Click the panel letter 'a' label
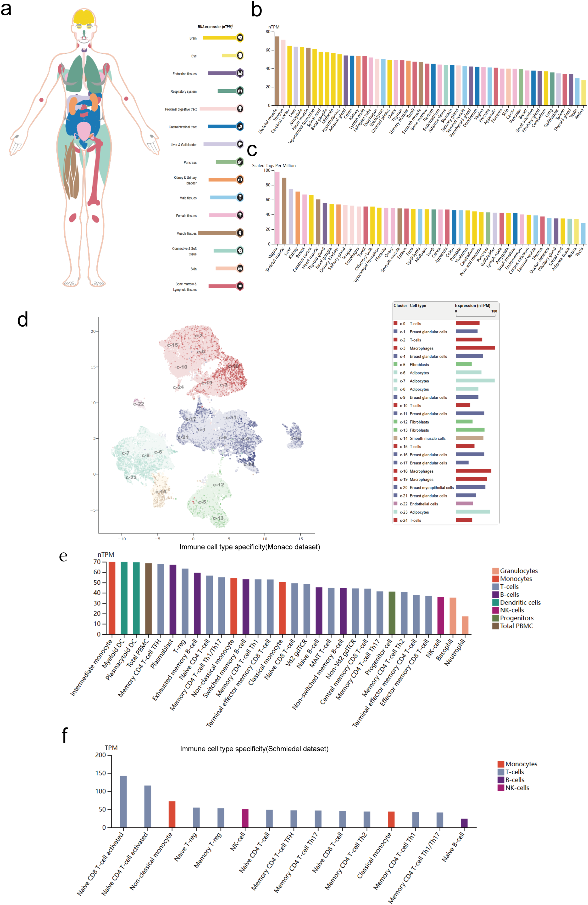click(x=6, y=9)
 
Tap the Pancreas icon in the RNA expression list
click(x=240, y=162)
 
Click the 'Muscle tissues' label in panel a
click(x=187, y=233)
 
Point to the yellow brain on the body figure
click(x=84, y=17)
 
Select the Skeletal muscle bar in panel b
click(x=277, y=71)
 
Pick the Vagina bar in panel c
click(x=277, y=208)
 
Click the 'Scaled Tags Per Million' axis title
click(x=273, y=165)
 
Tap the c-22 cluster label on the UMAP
click(x=139, y=404)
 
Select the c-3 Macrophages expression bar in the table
click(x=475, y=348)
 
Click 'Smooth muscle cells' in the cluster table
click(x=427, y=438)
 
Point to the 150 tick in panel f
click(x=101, y=773)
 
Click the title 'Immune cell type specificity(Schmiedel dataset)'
click(x=254, y=749)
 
